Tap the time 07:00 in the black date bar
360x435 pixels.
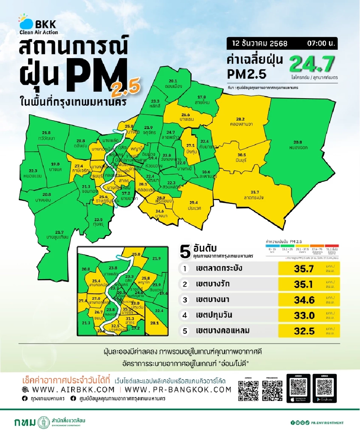pos(318,43)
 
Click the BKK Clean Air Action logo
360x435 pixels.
pos(37,25)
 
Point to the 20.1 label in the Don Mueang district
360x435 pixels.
pos(173,81)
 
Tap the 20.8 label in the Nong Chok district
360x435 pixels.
pos(298,142)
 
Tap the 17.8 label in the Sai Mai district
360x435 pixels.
pos(202,97)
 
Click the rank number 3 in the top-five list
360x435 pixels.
pos(184,299)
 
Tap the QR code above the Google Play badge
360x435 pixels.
pos(324,385)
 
